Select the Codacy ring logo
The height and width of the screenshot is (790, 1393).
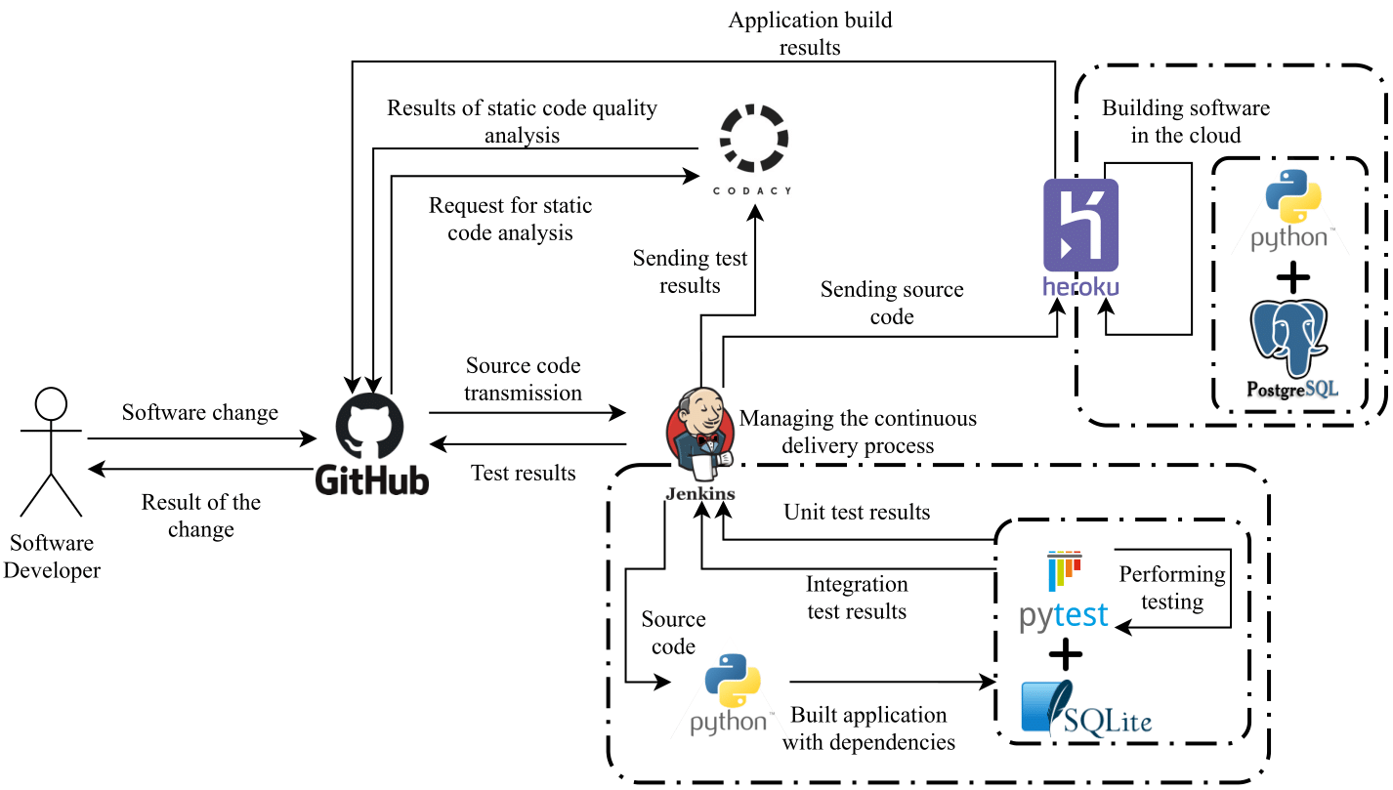(753, 140)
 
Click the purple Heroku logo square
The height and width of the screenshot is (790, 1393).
(1080, 225)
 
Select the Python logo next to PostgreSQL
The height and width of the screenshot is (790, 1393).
(1292, 200)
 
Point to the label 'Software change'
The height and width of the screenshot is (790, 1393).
(200, 413)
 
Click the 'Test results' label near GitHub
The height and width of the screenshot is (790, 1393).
(524, 474)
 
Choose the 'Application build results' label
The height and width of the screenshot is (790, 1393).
(811, 32)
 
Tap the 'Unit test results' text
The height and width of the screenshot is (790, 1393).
(857, 512)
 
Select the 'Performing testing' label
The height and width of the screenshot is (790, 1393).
(1172, 588)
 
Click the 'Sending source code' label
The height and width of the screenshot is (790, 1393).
(892, 303)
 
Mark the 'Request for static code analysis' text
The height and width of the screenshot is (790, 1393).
(510, 220)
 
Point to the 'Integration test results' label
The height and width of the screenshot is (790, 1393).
(857, 598)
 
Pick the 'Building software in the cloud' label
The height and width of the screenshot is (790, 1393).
(1186, 121)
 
